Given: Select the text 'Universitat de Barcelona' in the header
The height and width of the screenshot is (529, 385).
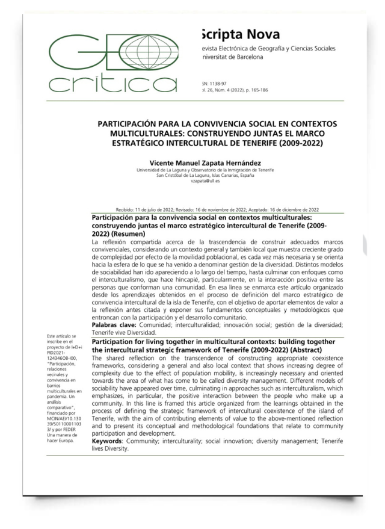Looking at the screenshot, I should point(233,57).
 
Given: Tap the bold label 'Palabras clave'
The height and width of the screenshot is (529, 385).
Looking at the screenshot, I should point(113,325).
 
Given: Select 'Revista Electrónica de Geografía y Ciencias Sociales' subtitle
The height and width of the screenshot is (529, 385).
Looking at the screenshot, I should point(269,48).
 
